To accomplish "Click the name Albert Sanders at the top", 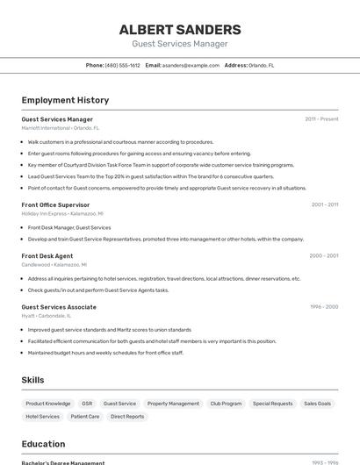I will (180, 30).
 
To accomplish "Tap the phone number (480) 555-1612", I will (122, 65).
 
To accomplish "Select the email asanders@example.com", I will (191, 65).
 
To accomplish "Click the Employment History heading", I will (65, 100).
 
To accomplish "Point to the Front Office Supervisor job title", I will (55, 204).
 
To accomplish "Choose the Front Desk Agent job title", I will (47, 256).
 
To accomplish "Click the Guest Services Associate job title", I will (59, 307).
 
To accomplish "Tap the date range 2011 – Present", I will (321, 119).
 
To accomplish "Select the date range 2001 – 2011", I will (324, 204).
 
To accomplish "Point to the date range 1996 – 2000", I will (323, 307).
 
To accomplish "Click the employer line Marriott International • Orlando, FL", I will (61, 127).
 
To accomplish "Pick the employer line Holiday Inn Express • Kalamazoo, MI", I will (62, 213).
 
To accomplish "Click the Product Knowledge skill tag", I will (47, 404).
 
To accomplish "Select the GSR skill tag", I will (87, 404).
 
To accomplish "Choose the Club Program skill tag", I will (226, 404).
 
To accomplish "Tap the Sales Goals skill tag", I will (317, 404).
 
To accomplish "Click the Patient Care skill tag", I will (85, 417).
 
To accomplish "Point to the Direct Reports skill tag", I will (127, 417).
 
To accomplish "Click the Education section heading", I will (43, 444).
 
